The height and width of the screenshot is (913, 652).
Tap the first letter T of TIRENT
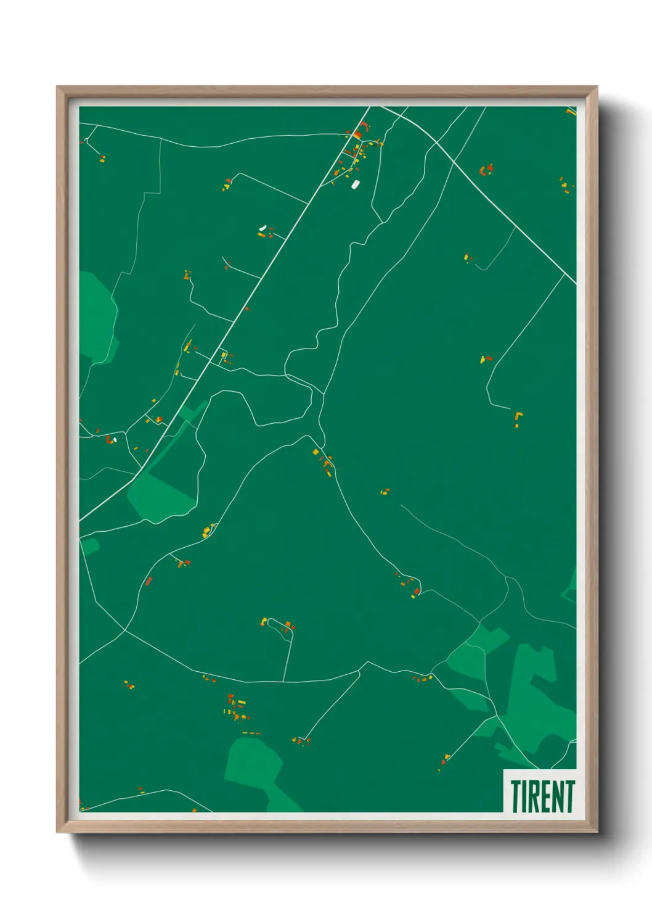(515, 796)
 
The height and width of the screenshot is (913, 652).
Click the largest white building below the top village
(355, 184)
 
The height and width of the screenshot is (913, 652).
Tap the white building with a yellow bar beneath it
(263, 228)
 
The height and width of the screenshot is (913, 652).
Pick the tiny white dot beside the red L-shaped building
(115, 440)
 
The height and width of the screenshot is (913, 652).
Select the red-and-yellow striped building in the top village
(357, 134)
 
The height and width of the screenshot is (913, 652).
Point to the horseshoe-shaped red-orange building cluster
(486, 170)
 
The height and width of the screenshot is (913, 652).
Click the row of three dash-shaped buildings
(251, 733)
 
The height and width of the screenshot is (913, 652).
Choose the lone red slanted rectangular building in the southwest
(149, 580)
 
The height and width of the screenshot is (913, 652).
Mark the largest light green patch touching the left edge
(97, 318)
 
